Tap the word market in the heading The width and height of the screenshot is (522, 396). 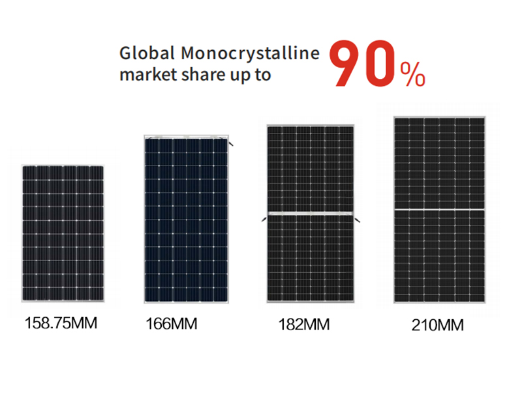tap(140, 74)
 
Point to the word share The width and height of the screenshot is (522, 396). tap(195, 74)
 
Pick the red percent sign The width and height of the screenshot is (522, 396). tap(412, 76)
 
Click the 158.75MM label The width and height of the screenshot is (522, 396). tap(61, 322)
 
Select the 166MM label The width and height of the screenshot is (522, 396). tap(172, 323)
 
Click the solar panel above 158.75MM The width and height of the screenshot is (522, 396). tap(63, 234)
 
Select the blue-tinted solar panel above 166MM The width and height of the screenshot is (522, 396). tap(187, 219)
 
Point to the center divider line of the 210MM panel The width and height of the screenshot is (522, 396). tap(440, 210)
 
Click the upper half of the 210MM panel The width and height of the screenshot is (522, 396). tap(440, 163)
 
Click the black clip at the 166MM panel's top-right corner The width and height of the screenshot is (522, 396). tap(232, 142)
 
